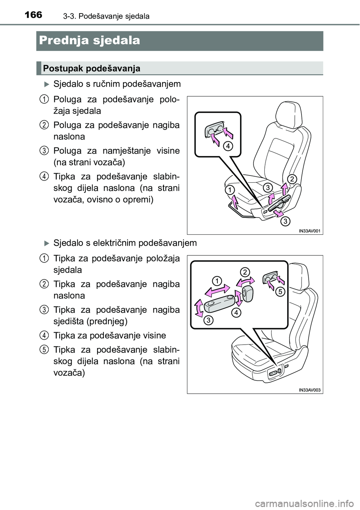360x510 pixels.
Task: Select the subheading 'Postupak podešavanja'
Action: (x=91, y=68)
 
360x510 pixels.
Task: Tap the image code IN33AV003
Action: (x=309, y=390)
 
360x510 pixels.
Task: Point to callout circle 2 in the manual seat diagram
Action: (x=292, y=178)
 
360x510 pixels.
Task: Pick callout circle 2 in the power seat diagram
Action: (x=244, y=271)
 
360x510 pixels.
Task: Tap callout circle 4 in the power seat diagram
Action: (x=235, y=312)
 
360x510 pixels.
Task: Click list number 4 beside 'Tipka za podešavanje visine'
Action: (x=44, y=334)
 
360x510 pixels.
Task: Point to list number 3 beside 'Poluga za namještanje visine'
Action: (x=44, y=150)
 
